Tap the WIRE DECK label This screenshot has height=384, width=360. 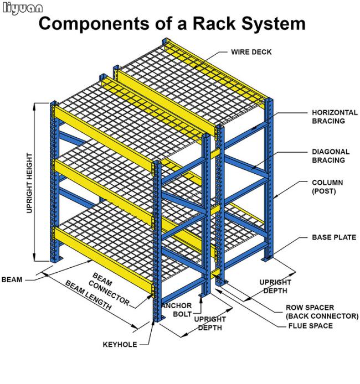click(x=251, y=52)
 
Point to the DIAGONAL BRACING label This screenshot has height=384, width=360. click(x=330, y=155)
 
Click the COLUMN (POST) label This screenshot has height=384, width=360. click(x=327, y=186)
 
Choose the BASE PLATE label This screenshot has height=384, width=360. click(x=334, y=237)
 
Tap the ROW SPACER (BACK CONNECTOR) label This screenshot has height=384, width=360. click(x=321, y=312)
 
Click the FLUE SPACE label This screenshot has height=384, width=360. click(x=310, y=326)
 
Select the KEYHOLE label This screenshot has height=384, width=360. click(x=120, y=344)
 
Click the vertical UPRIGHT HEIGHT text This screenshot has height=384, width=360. click(x=29, y=182)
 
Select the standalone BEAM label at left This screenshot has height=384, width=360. click(x=12, y=279)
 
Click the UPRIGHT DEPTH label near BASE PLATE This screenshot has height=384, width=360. click(x=275, y=286)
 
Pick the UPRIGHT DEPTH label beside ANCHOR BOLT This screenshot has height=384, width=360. click(x=210, y=323)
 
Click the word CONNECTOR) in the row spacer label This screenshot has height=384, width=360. click(x=335, y=316)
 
